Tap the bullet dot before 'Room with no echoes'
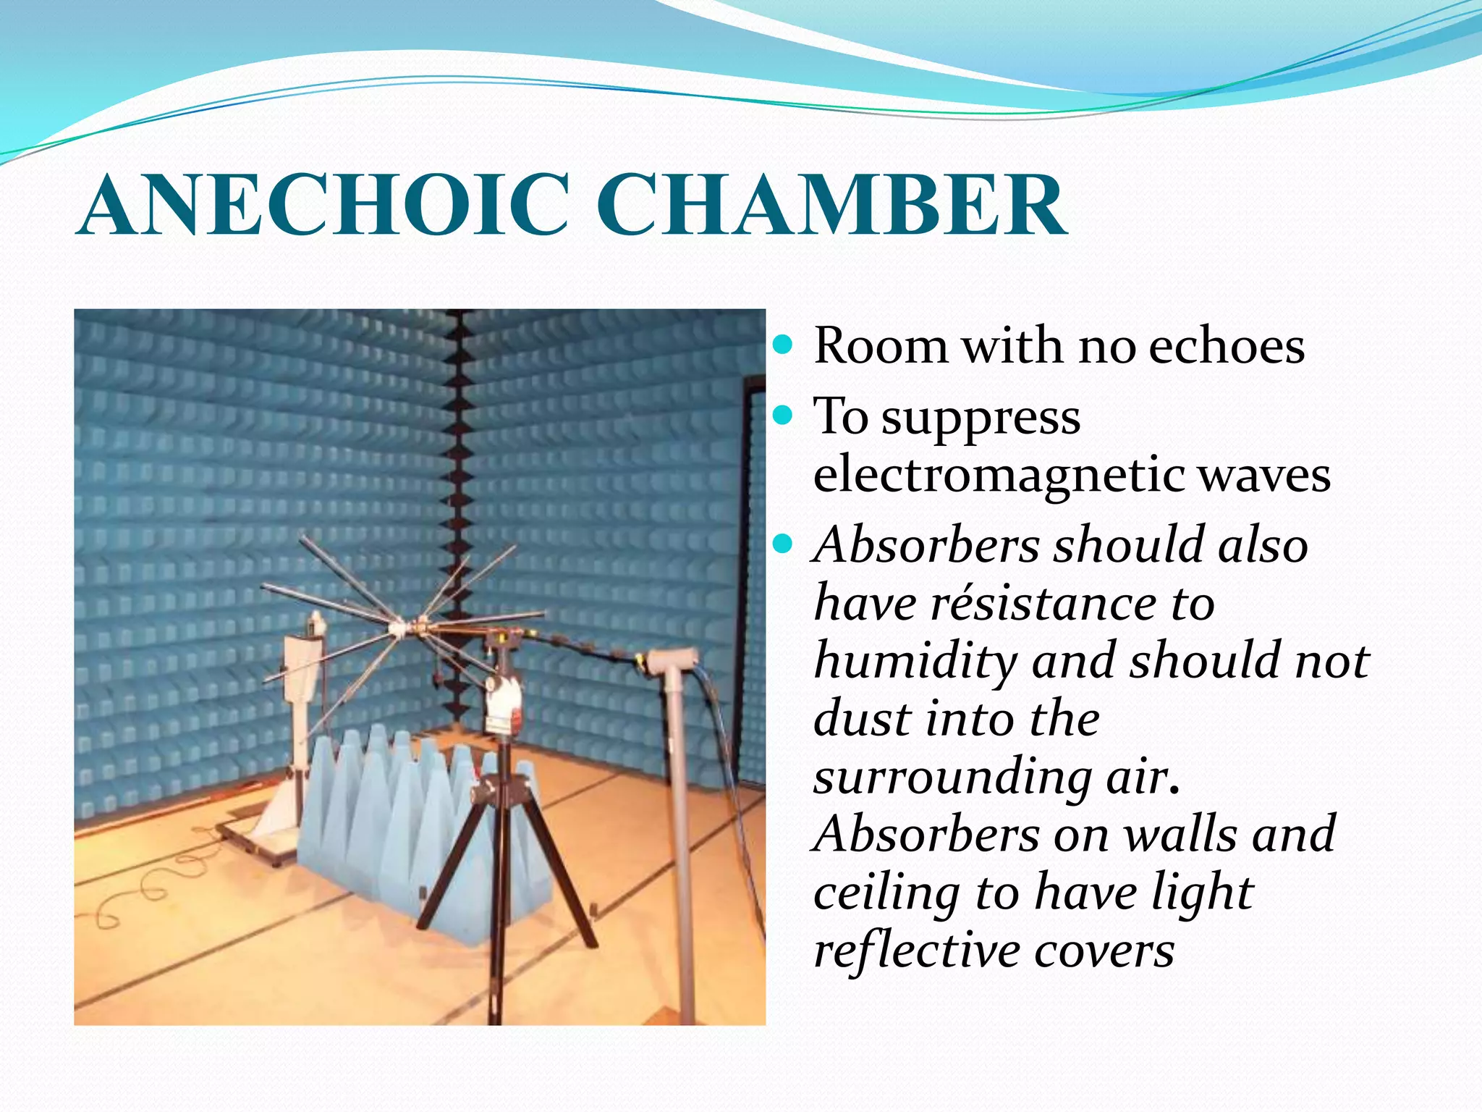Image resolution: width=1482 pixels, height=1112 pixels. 783,345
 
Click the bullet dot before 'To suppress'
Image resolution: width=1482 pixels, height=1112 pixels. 783,416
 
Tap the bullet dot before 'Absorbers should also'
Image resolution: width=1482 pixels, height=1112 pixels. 783,543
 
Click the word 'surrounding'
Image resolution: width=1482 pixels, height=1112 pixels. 952,777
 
